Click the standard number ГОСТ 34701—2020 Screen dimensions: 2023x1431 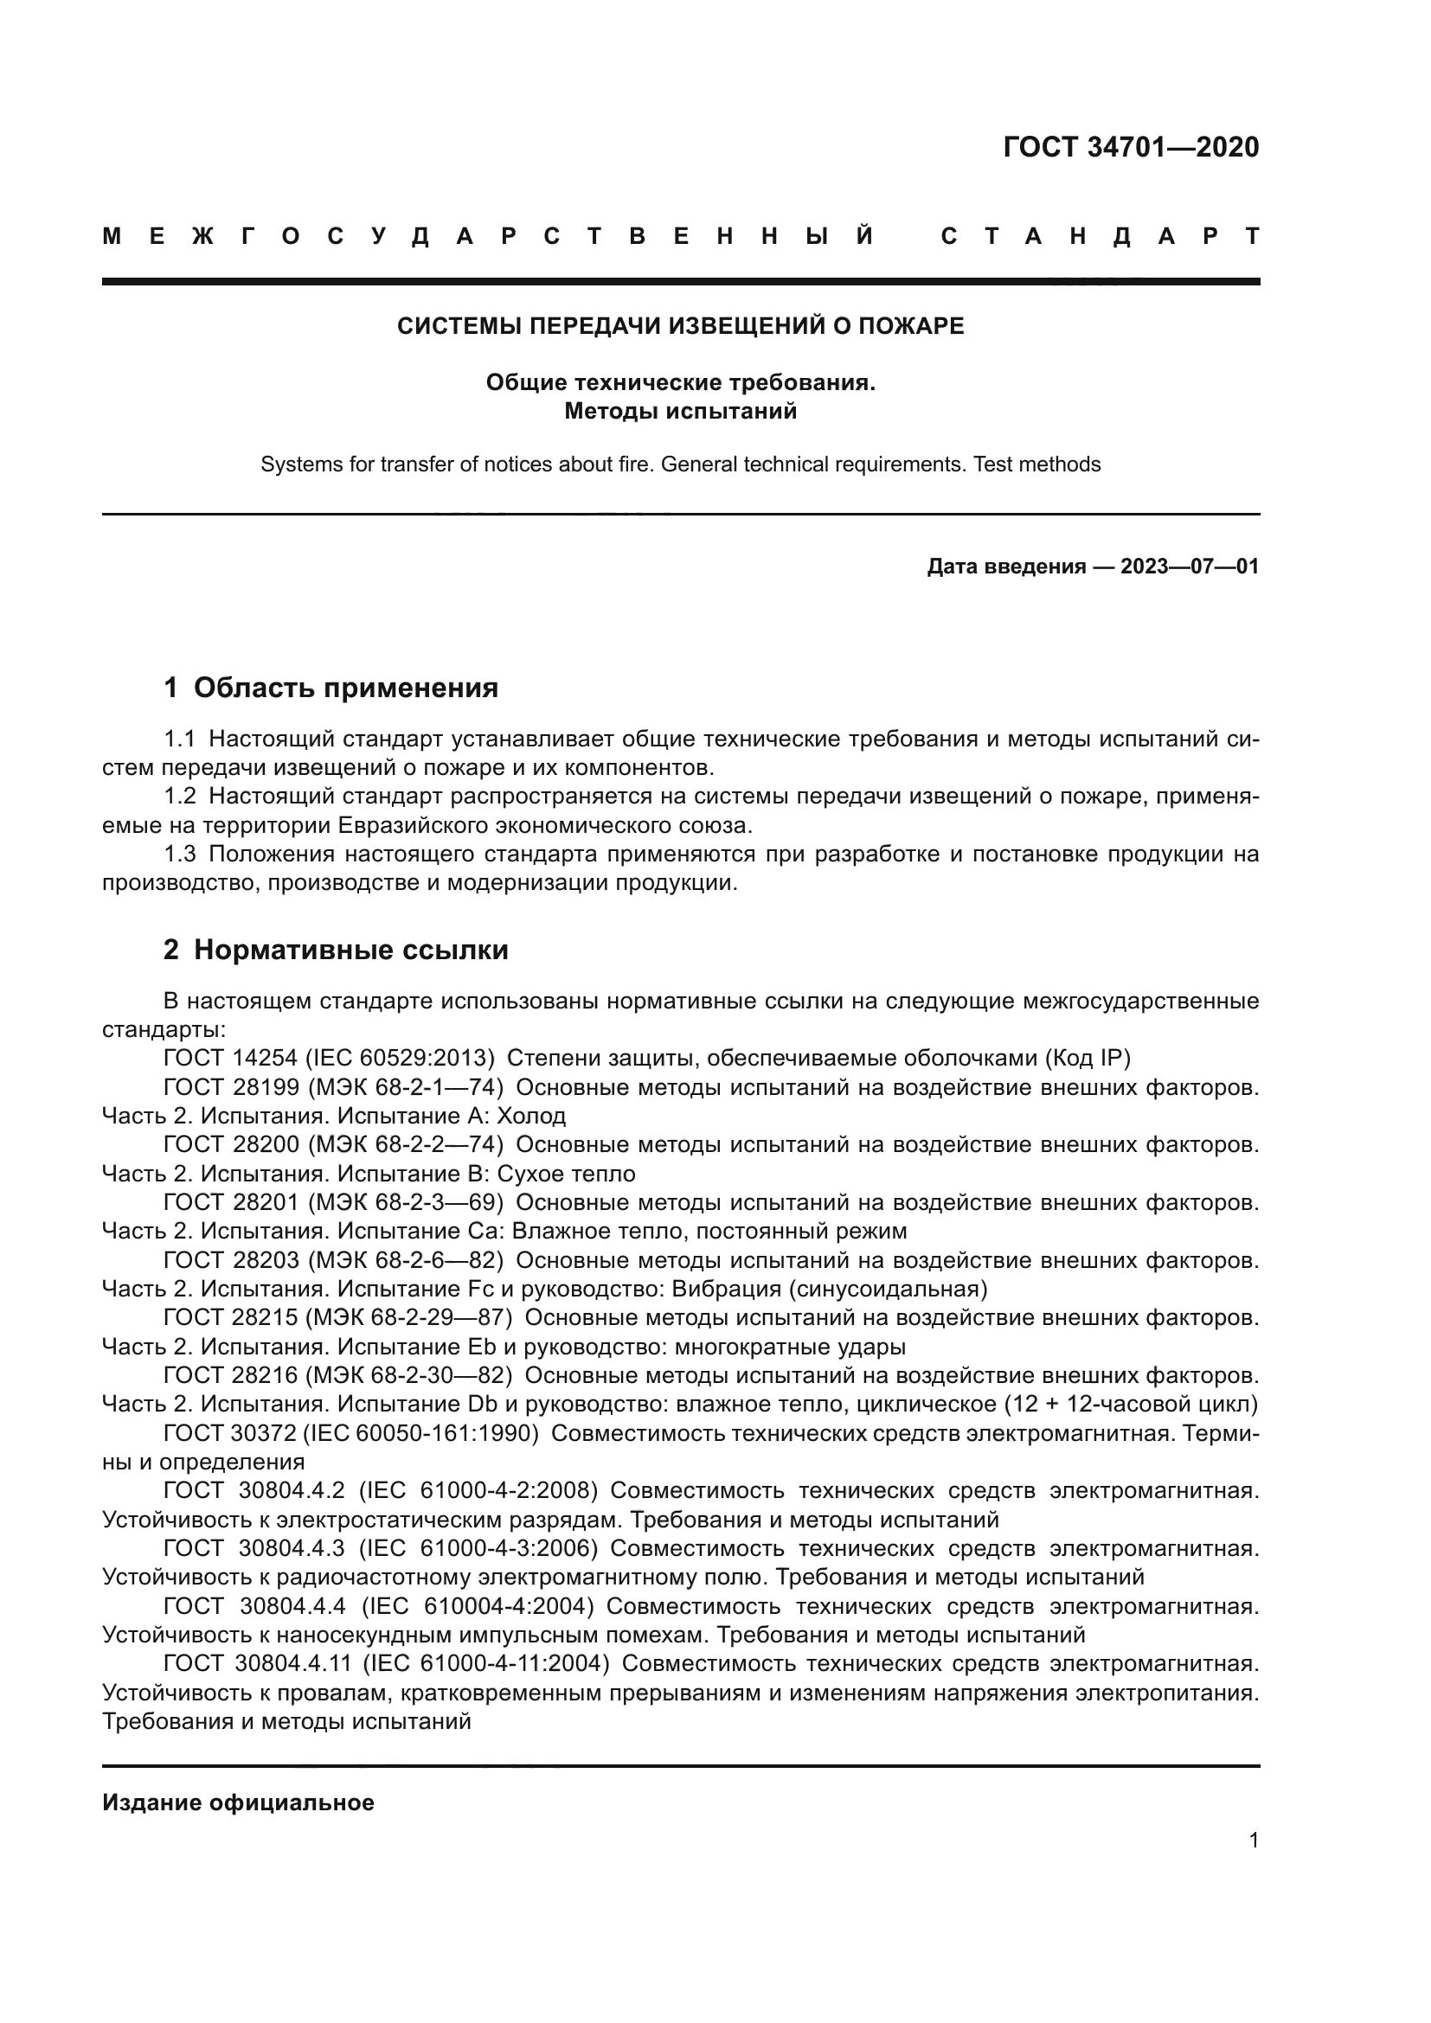[x=1131, y=147]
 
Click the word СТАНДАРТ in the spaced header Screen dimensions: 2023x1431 [x=1100, y=236]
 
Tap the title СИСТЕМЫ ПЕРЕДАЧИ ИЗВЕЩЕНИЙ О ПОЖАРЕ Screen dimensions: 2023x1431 [x=680, y=326]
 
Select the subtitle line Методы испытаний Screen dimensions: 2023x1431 [x=680, y=412]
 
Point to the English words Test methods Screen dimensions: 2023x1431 [x=1037, y=464]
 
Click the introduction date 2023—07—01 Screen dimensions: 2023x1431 [x=1190, y=567]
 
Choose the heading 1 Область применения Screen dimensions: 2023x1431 [x=331, y=688]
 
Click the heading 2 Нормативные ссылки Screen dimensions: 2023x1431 [x=336, y=950]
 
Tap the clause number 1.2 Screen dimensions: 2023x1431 [x=180, y=797]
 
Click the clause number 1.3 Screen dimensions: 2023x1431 [x=180, y=854]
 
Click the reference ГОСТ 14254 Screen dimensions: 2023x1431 [x=230, y=1058]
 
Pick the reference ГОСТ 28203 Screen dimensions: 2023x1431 [x=230, y=1261]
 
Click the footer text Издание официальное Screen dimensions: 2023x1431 [x=238, y=1802]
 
